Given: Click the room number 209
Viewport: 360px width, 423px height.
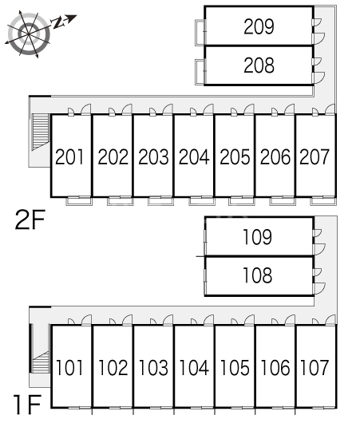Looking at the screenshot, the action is (x=259, y=26).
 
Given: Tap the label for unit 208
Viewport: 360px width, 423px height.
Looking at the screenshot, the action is (x=259, y=65).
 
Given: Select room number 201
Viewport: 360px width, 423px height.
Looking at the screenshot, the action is (x=69, y=156).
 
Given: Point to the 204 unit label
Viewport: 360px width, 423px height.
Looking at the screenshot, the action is (x=194, y=156).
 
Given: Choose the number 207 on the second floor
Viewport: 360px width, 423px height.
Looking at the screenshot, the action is (x=315, y=156).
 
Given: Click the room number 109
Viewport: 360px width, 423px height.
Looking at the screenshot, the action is (x=258, y=237).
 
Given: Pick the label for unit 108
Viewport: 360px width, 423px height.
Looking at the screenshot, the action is (x=258, y=275).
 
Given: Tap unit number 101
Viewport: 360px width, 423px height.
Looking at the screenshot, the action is (x=69, y=367).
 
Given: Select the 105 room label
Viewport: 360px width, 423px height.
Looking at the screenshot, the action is (x=235, y=367).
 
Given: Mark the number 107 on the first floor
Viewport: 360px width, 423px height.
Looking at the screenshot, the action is (x=315, y=367).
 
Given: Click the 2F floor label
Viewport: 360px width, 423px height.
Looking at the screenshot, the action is (x=30, y=219).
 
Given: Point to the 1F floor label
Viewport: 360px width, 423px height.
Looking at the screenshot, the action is (x=28, y=405).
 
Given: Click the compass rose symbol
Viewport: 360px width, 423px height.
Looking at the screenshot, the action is (x=29, y=34).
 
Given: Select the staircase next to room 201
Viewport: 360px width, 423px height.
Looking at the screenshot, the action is (x=41, y=132).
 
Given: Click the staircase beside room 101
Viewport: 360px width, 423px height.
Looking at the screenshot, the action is (x=41, y=362).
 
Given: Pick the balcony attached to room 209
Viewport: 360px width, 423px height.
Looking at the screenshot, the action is (x=200, y=33).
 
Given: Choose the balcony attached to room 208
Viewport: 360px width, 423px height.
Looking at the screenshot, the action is (x=200, y=72).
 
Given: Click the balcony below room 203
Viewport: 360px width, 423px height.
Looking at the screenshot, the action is (x=160, y=201).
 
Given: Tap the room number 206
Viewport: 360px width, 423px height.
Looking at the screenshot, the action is (x=275, y=156).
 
